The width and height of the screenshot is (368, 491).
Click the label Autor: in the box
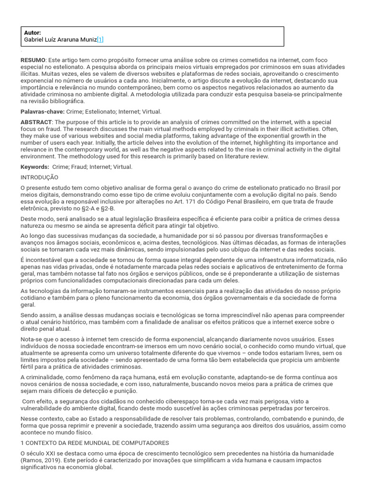33,33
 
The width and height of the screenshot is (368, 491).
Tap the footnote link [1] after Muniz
100,40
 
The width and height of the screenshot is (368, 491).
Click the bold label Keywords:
35,167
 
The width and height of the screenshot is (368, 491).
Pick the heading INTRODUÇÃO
39,177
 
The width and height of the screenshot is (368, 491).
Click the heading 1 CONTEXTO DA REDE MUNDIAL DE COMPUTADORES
94,443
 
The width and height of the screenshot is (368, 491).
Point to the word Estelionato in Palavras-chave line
89,111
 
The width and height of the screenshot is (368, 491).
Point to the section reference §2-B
107,209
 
